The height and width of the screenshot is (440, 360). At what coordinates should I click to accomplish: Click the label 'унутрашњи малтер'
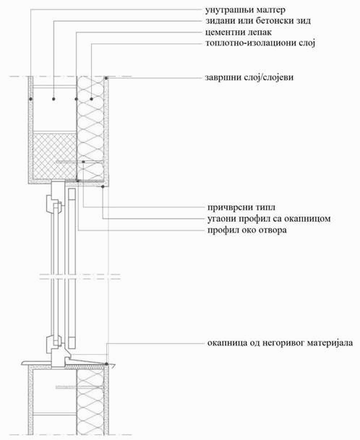point(246,10)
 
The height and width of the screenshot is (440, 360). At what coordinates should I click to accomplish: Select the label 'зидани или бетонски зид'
point(258,21)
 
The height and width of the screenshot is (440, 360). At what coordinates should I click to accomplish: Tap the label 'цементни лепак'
point(239,33)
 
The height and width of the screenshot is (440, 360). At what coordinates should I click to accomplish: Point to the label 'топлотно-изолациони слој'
point(260,43)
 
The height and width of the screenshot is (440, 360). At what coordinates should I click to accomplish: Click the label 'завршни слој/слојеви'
point(249,77)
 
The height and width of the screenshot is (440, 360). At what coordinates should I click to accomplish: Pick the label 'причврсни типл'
point(241,207)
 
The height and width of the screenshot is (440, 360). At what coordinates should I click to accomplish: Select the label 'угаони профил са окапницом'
point(269,219)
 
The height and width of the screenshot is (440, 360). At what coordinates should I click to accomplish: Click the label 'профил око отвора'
point(247,230)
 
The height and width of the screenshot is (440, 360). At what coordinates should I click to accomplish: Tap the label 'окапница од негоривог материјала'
point(280,343)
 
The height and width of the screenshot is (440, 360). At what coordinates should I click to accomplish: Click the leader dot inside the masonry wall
point(53,99)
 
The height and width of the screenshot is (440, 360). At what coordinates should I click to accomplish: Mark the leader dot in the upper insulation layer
point(91,99)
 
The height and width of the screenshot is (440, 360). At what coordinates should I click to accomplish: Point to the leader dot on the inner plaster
point(30,99)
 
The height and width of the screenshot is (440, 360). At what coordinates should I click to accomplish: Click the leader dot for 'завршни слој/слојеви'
point(106,78)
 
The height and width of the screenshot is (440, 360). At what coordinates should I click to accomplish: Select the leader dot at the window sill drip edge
point(107,364)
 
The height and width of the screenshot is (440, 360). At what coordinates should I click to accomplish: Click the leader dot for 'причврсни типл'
point(83,162)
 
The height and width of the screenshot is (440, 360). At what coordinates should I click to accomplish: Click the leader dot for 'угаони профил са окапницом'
point(103,186)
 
